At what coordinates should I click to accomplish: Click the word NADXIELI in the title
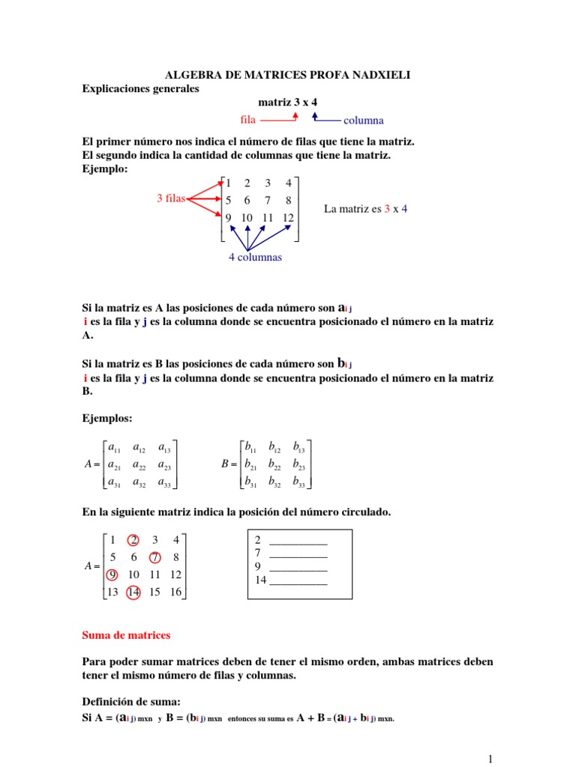click(375, 75)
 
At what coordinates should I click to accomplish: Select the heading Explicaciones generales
click(140, 88)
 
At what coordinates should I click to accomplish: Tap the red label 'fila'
click(248, 119)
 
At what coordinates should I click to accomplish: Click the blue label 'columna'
click(363, 120)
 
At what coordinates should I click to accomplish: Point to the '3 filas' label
click(171, 198)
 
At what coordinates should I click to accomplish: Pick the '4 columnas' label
click(255, 257)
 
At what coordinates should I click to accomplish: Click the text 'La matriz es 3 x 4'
click(365, 209)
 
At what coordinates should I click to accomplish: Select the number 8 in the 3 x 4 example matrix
click(288, 200)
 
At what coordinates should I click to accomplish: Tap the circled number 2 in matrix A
click(133, 539)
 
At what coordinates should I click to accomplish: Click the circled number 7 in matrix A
click(154, 557)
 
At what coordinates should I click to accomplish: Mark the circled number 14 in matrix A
click(133, 592)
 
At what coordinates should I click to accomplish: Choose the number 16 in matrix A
click(175, 592)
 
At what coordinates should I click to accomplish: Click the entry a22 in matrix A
click(139, 465)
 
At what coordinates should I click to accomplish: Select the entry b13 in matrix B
click(298, 449)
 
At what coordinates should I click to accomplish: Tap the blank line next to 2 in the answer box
click(298, 541)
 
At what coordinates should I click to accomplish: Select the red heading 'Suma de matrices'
click(125, 635)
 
